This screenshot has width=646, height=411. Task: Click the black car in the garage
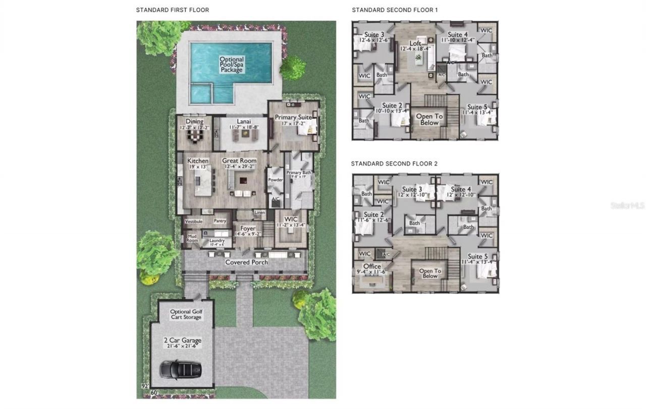(x=181, y=369)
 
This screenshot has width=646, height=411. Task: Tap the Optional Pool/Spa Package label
(x=232, y=65)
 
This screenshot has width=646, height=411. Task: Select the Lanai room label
(x=244, y=122)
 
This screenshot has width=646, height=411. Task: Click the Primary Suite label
(x=293, y=118)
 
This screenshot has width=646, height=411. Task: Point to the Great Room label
(x=239, y=161)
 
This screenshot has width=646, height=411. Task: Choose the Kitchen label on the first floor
(x=198, y=161)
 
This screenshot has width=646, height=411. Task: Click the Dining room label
(x=194, y=122)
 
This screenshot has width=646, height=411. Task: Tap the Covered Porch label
(x=246, y=262)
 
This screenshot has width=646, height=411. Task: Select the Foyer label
(x=247, y=229)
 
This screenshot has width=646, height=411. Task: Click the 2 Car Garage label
(x=183, y=340)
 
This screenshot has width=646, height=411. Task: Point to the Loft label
(x=415, y=43)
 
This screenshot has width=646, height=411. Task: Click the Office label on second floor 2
(x=372, y=267)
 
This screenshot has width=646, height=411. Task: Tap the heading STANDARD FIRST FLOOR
(x=172, y=10)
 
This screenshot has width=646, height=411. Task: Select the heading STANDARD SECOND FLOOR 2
(x=394, y=164)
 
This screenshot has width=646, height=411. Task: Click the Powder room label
(x=275, y=180)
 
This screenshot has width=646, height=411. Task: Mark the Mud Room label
(x=192, y=238)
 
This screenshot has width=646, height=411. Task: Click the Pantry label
(x=220, y=221)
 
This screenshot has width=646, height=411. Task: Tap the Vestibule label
(x=193, y=222)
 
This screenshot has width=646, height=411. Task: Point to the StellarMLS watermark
(x=627, y=206)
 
